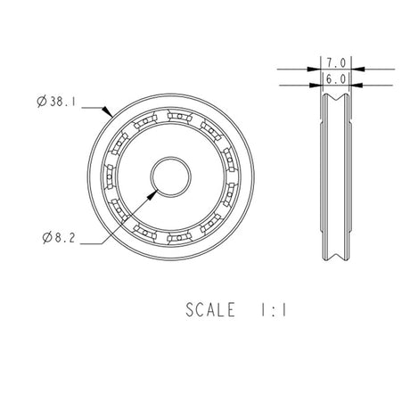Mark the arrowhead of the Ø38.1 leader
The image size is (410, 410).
[109, 115]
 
